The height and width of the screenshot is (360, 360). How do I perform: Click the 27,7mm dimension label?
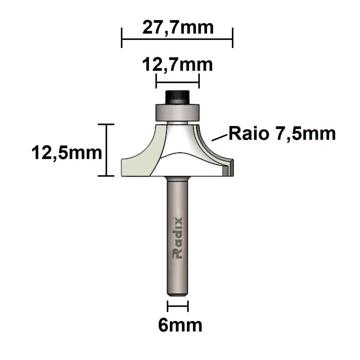click(177, 27)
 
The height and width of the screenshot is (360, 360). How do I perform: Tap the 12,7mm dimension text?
click(177, 65)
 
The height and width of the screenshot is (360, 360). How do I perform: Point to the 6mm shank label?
click(180, 325)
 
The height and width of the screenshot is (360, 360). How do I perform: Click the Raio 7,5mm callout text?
click(282, 134)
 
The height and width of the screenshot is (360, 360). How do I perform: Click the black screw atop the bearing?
click(177, 97)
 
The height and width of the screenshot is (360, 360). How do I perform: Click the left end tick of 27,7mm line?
click(122, 38)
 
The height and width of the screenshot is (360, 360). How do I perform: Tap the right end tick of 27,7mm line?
click(233, 38)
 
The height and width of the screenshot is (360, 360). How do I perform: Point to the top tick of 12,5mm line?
click(107, 124)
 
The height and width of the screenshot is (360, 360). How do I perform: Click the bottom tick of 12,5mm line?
click(107, 176)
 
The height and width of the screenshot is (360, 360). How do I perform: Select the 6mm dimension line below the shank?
click(178, 306)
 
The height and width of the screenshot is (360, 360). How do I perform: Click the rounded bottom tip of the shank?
click(177, 293)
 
